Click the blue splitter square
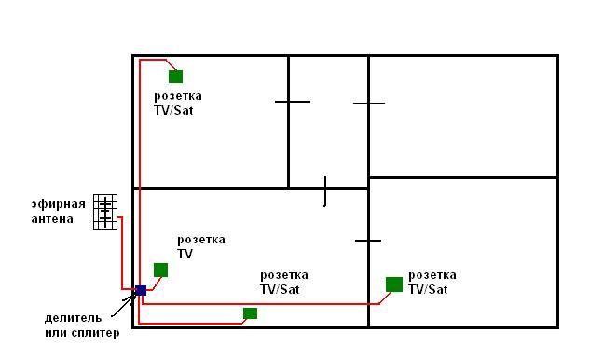141,290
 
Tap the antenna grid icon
105,212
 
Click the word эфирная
59,204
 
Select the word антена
52,219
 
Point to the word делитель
73,318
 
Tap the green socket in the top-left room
176,76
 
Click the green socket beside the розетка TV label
160,270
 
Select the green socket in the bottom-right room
394,284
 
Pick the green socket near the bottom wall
250,313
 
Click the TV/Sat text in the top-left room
173,110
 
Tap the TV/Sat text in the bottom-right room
428,289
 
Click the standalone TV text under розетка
185,254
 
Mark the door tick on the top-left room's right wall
293,102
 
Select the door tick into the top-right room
369,104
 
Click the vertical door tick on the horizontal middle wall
325,191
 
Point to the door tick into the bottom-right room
368,241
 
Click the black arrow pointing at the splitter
124,305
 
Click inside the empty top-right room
463,116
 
